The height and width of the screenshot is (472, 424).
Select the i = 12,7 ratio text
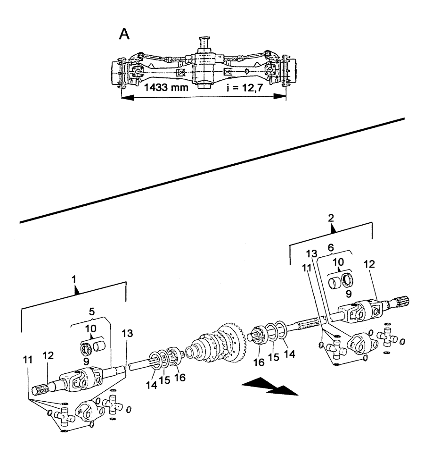coord(244,88)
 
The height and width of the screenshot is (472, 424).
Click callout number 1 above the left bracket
coord(74,280)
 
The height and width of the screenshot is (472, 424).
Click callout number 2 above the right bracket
coord(331,218)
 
